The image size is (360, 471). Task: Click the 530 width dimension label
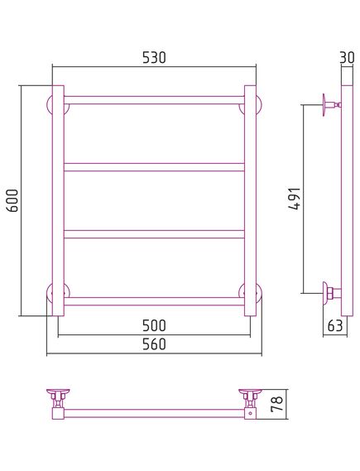[154, 58]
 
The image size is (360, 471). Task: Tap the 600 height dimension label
[13, 200]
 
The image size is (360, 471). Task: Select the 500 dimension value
[154, 325]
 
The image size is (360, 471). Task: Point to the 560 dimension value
[154, 344]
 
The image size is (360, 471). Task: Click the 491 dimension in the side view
[295, 199]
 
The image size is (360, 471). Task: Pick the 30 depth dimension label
[347, 57]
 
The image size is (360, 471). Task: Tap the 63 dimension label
[335, 325]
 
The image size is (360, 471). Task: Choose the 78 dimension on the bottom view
[276, 404]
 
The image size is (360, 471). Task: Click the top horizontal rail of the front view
[154, 100]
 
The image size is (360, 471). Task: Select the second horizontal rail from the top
[154, 167]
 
